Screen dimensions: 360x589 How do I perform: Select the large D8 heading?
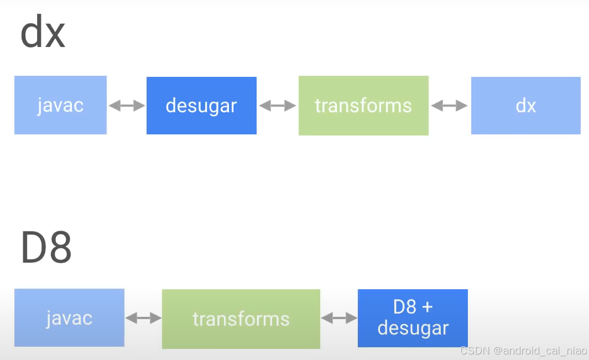(46, 247)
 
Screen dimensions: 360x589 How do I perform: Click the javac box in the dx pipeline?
(60, 105)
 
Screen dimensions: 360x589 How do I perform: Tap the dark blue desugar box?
(201, 106)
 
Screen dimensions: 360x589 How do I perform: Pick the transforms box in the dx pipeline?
(363, 106)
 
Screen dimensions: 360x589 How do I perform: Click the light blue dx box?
(525, 106)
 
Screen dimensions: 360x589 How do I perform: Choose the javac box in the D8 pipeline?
(69, 318)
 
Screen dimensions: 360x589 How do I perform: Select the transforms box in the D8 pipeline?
(241, 319)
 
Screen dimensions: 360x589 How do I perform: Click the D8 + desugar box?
(413, 318)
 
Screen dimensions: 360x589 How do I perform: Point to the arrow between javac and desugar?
(127, 106)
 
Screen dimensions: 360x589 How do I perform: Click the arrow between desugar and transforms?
(278, 106)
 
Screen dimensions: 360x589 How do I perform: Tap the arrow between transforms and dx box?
(450, 106)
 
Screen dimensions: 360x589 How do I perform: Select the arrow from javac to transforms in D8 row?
(143, 318)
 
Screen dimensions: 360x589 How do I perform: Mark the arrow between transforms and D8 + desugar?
(339, 318)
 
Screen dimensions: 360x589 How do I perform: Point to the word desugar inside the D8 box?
(413, 328)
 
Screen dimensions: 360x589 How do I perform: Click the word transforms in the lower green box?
(241, 319)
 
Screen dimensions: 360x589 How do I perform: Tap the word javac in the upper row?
(60, 105)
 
